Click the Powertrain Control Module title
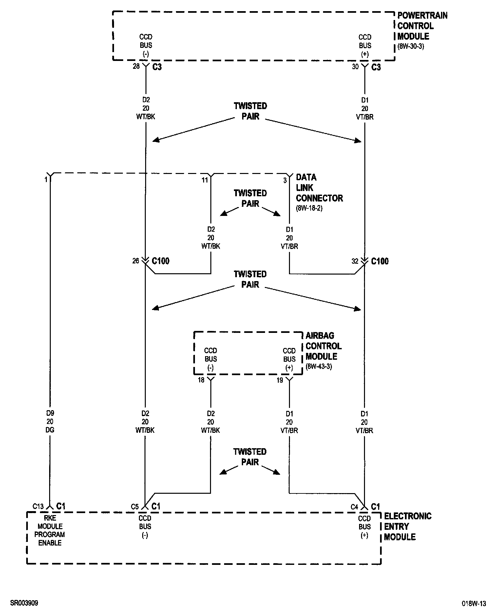tap(422, 26)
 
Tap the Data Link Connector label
tap(319, 188)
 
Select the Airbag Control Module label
tap(323, 346)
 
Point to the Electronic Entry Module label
tap(408, 527)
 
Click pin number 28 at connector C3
tap(136, 67)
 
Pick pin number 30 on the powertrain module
tap(355, 67)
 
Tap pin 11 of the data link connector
tap(205, 180)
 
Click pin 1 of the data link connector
tap(46, 180)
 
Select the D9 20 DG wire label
tap(50, 422)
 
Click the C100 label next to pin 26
tap(160, 261)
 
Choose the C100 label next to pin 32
tap(379, 261)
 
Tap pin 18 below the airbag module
tap(201, 380)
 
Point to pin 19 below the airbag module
tap(279, 380)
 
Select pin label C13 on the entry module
tap(38, 507)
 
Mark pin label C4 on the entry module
tap(354, 507)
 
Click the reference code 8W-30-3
tap(411, 46)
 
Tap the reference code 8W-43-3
tap(319, 366)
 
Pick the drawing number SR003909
tap(24, 603)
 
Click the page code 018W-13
tap(474, 603)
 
